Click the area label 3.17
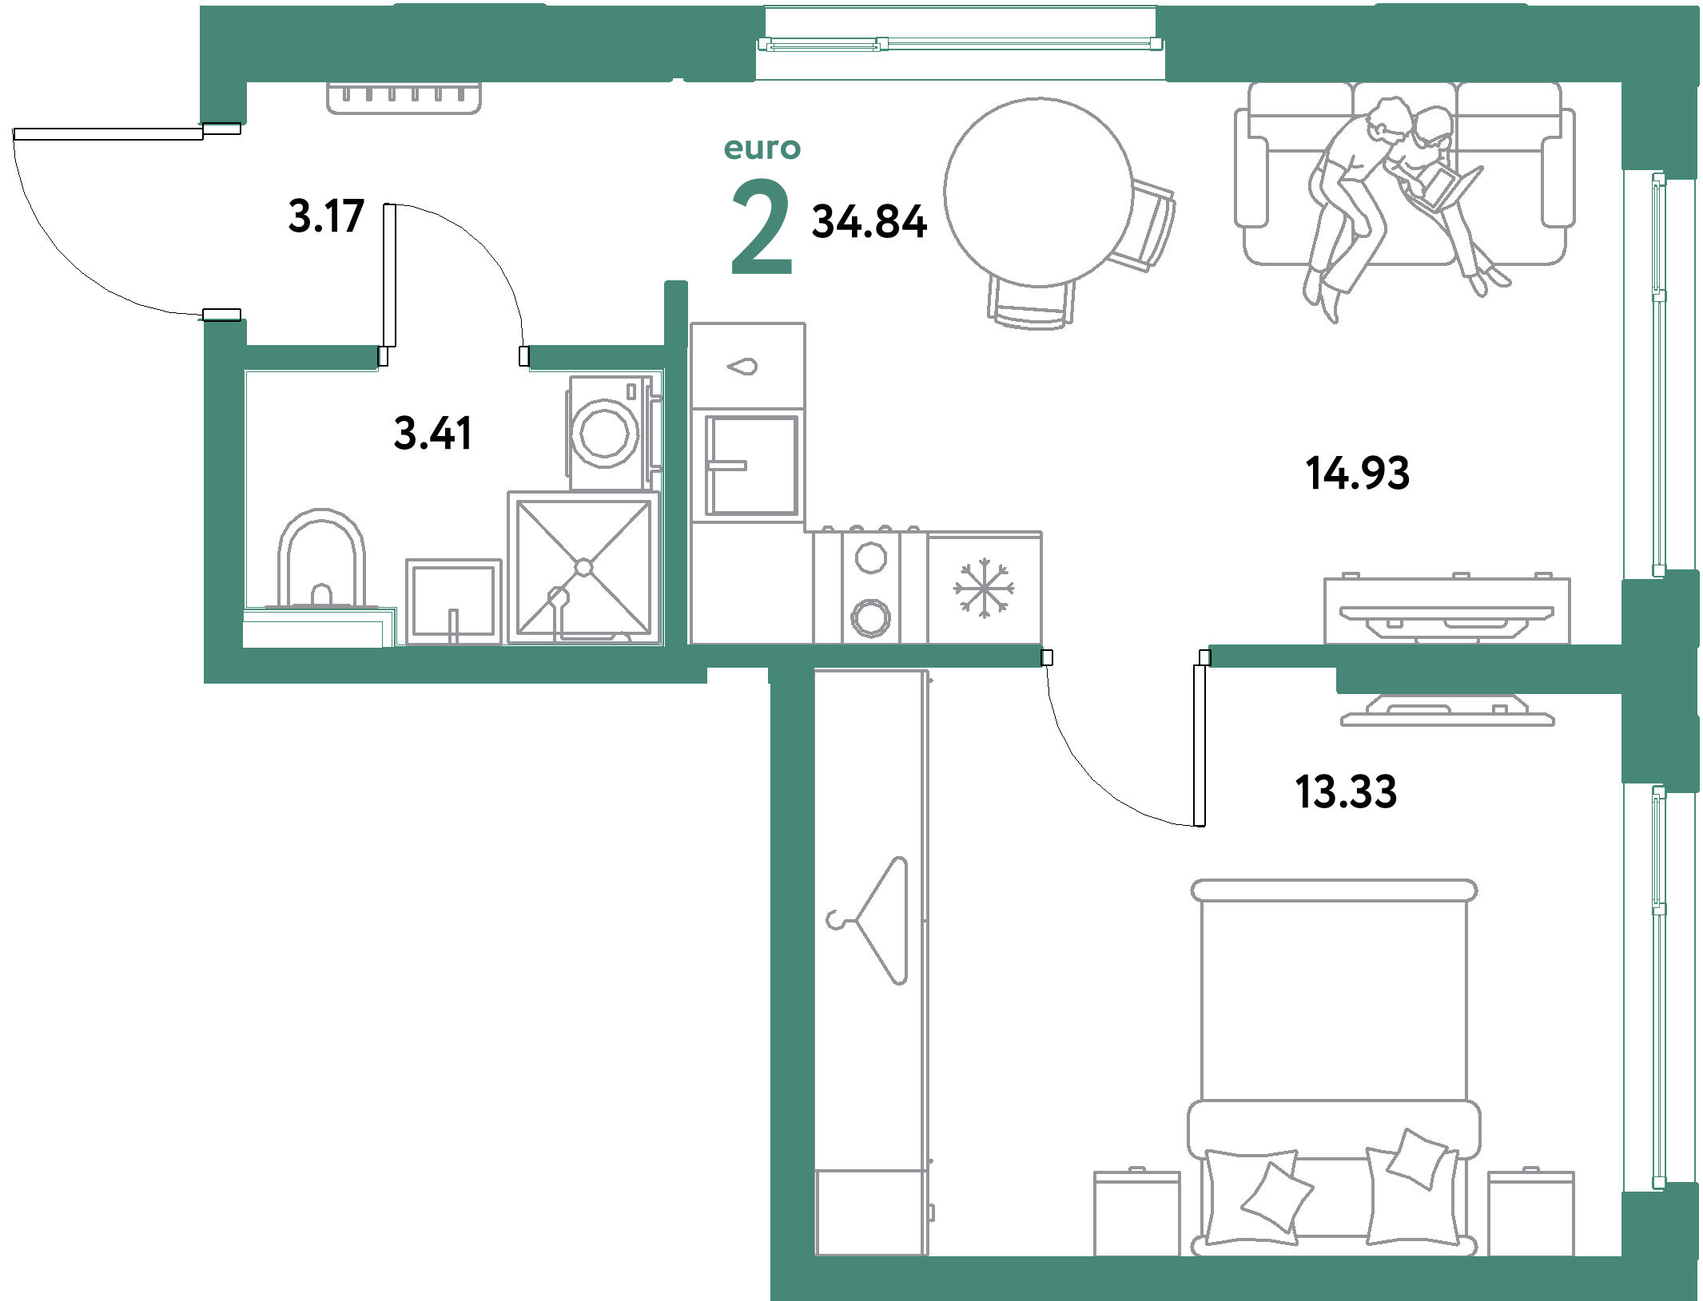[x=326, y=216]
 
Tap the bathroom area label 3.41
[x=432, y=433]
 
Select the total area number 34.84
[x=869, y=221]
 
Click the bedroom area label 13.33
[x=1346, y=791]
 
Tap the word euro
[x=762, y=149]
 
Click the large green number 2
[x=762, y=227]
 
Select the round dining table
[x=1038, y=192]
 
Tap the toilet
[x=321, y=559]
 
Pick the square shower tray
[x=583, y=567]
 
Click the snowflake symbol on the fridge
[x=984, y=588]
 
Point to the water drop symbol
[x=743, y=367]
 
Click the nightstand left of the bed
[x=1136, y=1213]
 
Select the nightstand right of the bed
[x=1530, y=1213]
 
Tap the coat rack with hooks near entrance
[x=404, y=97]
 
